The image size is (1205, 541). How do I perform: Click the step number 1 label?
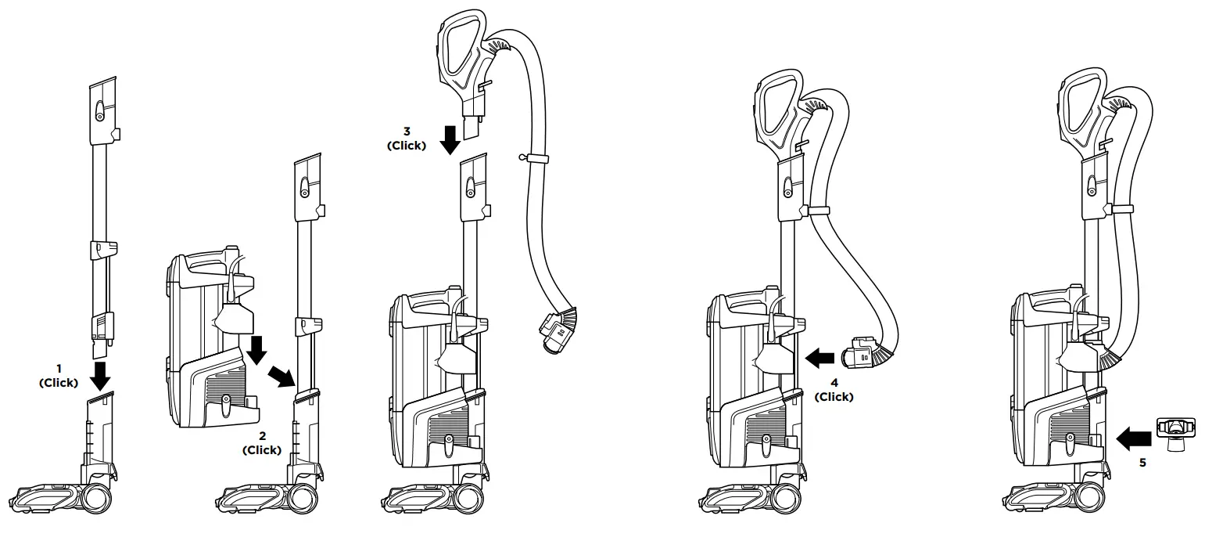(x=58, y=368)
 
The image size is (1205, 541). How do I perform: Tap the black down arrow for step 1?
(x=99, y=374)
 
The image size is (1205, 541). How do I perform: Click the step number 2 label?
(x=262, y=435)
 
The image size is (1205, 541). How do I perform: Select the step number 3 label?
(x=407, y=131)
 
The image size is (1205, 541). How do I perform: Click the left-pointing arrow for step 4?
(x=819, y=359)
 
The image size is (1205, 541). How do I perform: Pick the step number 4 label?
(x=834, y=383)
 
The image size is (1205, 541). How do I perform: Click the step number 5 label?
(x=1142, y=463)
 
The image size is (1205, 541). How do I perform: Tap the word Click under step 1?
(x=59, y=383)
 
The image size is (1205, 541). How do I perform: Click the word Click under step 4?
(x=834, y=397)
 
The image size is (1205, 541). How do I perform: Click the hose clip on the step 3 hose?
(x=535, y=159)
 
